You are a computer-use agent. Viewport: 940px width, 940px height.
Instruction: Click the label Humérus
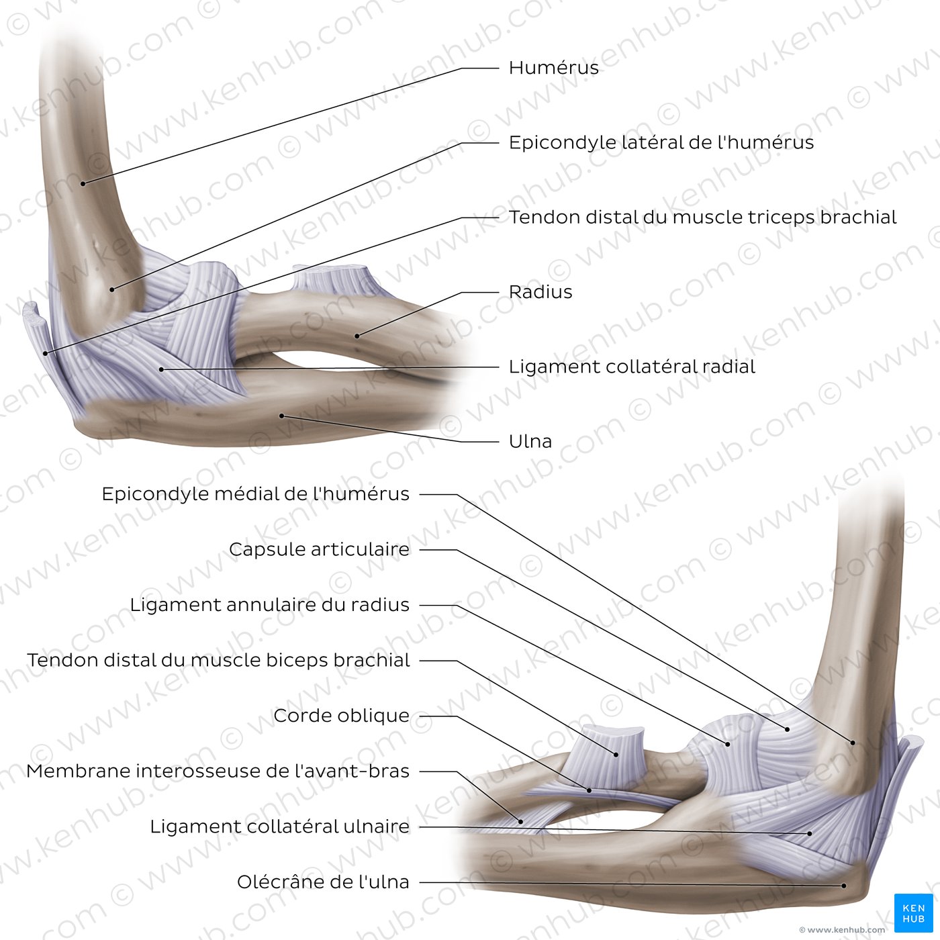point(554,68)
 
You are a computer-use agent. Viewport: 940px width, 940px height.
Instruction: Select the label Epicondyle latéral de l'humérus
point(661,142)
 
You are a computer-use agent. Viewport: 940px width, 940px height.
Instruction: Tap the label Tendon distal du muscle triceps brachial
point(702,217)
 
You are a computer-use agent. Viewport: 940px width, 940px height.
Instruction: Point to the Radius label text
point(540,291)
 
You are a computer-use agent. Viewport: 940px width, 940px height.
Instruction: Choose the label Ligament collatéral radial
point(632,367)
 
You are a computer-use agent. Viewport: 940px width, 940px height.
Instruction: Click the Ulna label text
point(530,441)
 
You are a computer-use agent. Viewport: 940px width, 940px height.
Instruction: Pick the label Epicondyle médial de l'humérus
point(256,493)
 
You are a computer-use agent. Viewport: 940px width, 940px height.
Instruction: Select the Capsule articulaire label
point(319,549)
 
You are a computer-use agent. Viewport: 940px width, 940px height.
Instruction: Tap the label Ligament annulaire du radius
point(270,605)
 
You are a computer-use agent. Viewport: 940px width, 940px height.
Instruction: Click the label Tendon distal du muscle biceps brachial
point(218,660)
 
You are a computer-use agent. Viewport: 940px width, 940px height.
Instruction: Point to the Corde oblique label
point(342,716)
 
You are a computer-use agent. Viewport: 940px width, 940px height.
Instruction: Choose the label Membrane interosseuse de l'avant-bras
point(218,771)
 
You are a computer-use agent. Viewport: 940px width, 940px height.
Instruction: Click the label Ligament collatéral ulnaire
point(280,827)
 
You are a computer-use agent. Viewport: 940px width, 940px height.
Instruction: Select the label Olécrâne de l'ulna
point(323,882)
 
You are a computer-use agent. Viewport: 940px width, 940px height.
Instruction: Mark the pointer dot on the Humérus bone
point(83,183)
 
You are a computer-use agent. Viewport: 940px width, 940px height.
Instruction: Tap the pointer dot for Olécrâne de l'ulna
point(844,886)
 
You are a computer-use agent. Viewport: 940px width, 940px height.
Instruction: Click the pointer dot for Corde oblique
point(590,790)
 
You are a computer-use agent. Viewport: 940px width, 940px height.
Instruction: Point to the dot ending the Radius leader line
point(357,336)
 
